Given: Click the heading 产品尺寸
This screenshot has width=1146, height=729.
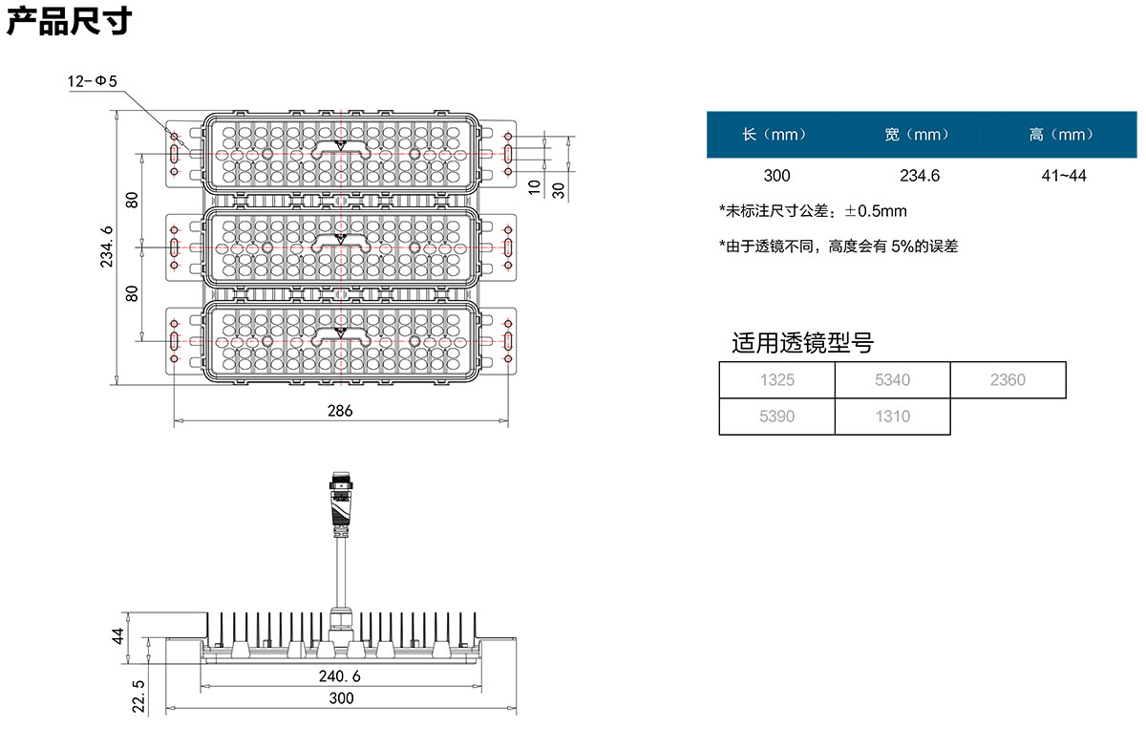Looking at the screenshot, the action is coord(69,22).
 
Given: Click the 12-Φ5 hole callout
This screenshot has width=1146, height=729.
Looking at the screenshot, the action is coord(92,81).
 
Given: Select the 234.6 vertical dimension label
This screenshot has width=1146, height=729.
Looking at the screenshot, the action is coord(106,247).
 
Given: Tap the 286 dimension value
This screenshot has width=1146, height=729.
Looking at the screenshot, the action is coord(340,411).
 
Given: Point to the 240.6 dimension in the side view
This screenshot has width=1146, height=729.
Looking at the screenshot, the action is coord(340,676).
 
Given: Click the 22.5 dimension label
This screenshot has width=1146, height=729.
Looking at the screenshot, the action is coord(138,697).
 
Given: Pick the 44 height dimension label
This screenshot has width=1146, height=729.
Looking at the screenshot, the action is coord(118,636).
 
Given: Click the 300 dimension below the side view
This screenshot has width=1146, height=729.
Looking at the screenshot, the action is coord(341,698).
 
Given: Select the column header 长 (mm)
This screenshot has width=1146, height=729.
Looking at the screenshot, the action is coord(775,135).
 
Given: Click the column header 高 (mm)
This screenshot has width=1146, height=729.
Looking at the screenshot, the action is coord(1061,135).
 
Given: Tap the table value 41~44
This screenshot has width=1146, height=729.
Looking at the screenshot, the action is coord(1064,176).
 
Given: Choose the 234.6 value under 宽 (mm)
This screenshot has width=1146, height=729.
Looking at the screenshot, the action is coord(920,176).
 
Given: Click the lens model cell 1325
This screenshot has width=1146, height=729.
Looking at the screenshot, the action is coord(777,380).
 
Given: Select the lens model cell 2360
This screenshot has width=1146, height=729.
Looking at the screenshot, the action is coord(1008,380).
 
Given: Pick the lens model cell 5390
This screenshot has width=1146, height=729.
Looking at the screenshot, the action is coord(777,417).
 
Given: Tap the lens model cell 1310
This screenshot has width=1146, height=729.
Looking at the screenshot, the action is coord(893,417).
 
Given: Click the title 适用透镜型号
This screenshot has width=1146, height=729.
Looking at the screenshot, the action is coord(802,342).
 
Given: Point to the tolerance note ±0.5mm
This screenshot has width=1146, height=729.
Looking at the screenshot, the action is coord(876,211).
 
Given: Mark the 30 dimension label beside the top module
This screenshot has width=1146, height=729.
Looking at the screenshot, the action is coord(559,190).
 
